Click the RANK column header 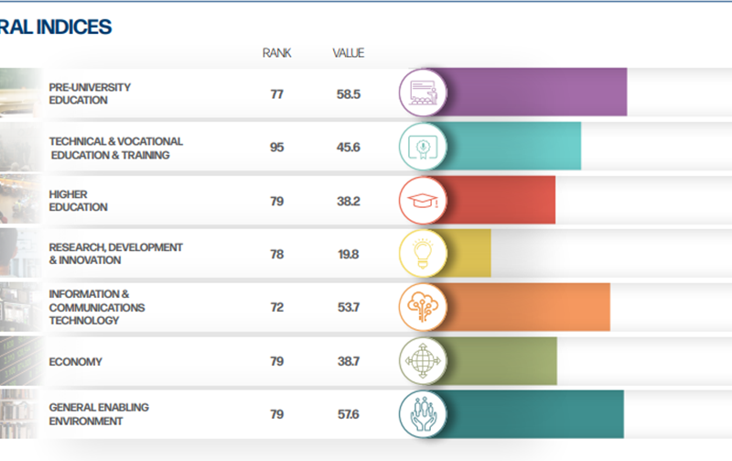276,53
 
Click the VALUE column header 348,53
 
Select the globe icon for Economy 423,361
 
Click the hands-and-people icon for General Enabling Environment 423,414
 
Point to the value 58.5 348,93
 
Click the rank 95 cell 276,148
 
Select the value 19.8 348,254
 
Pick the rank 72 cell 276,307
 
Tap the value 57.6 348,414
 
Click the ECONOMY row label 75,362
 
